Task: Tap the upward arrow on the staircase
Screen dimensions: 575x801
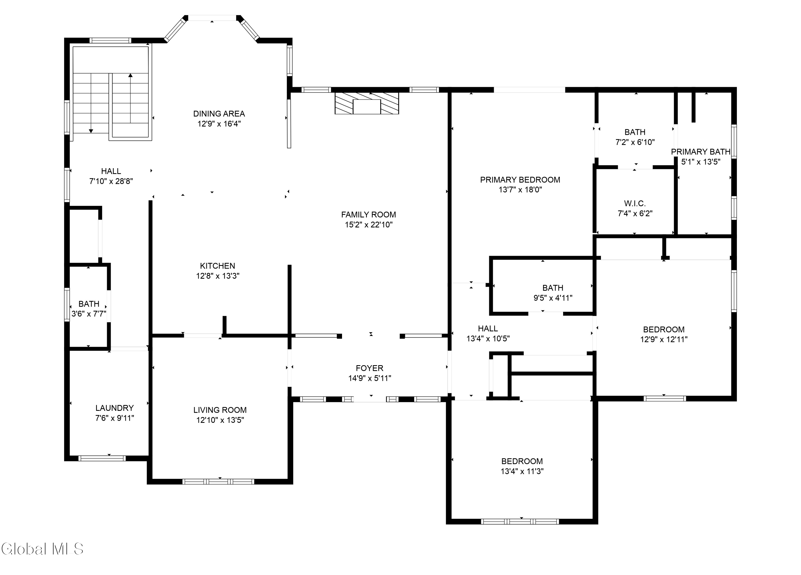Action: pos(130,76)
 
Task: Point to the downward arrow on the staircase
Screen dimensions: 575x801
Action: pos(91,131)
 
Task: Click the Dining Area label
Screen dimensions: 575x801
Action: pos(219,114)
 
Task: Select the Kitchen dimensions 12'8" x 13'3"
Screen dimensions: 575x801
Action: pos(218,276)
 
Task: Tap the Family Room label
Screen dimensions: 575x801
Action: pos(368,214)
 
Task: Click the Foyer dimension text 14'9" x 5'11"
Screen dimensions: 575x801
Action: pos(370,378)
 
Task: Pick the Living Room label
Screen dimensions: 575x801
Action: pos(220,410)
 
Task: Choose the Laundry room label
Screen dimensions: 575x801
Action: pos(115,408)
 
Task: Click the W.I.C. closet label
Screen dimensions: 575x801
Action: pos(635,203)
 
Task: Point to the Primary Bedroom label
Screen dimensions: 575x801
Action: pos(520,180)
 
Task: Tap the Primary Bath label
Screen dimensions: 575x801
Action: pos(700,152)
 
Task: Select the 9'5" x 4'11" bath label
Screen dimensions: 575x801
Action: pos(553,298)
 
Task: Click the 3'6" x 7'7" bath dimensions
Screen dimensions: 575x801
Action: pos(89,314)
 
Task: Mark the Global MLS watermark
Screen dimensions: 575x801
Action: pos(42,549)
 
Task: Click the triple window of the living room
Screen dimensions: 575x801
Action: pos(218,481)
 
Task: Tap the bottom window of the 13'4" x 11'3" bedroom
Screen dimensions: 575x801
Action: pos(520,521)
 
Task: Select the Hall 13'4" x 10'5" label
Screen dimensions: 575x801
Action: pos(488,333)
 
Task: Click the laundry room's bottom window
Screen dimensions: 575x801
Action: pos(102,458)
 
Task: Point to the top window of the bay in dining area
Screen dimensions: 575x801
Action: pos(212,18)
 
